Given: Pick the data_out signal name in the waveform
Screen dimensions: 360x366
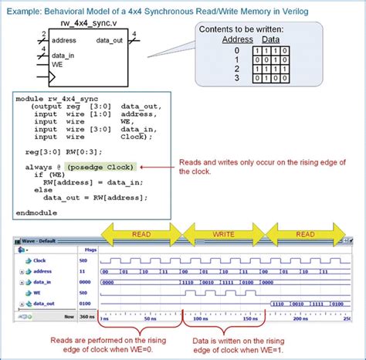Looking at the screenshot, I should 45,304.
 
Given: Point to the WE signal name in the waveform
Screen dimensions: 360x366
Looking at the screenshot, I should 39,294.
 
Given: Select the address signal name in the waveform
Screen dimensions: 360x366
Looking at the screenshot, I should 43,272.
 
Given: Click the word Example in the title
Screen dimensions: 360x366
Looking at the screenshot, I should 22,7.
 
